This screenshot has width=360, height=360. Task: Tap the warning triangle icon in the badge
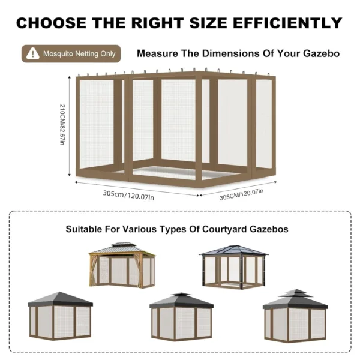32,53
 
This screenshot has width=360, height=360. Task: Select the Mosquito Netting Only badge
71,53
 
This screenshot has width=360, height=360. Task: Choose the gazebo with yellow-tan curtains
122,265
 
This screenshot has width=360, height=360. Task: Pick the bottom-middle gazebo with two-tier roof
181,316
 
